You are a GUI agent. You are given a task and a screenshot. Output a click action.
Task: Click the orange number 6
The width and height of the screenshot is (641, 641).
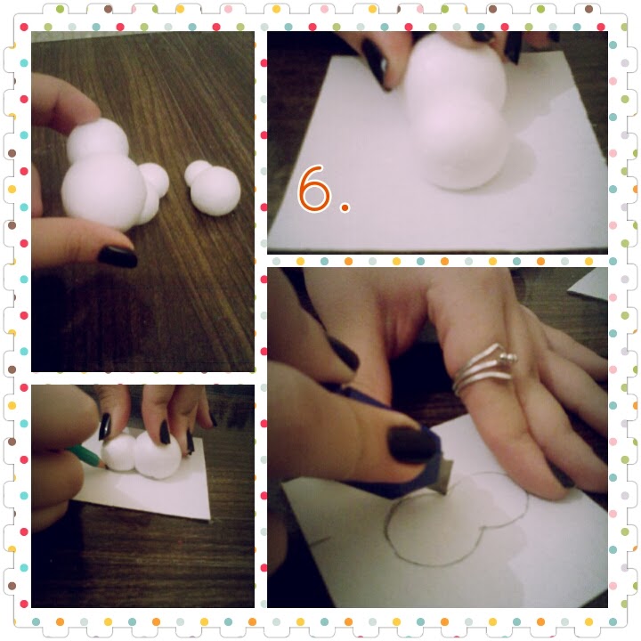click(x=314, y=189)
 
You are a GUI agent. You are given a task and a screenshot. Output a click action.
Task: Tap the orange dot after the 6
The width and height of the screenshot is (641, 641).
click(x=345, y=207)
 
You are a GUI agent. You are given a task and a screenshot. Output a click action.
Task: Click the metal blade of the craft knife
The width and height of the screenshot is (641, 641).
click(x=445, y=475)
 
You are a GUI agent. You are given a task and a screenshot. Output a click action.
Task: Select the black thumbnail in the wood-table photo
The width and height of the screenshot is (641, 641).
click(x=118, y=256)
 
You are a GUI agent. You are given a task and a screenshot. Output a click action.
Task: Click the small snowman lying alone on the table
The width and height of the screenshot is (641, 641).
click(x=212, y=188)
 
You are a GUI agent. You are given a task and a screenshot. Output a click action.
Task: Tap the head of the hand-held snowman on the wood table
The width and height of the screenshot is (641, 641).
click(x=98, y=140)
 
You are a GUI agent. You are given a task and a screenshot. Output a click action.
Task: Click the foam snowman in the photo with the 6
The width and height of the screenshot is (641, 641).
click(x=456, y=112)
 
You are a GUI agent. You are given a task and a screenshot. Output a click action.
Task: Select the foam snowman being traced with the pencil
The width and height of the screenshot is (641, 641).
click(x=142, y=455)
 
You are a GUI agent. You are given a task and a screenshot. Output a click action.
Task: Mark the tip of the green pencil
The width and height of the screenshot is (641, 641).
click(x=106, y=467)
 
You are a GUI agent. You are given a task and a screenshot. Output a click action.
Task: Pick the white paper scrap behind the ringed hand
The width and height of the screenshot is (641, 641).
click(x=588, y=284)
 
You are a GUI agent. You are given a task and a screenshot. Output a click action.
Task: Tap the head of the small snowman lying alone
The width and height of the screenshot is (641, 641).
click(x=198, y=172)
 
